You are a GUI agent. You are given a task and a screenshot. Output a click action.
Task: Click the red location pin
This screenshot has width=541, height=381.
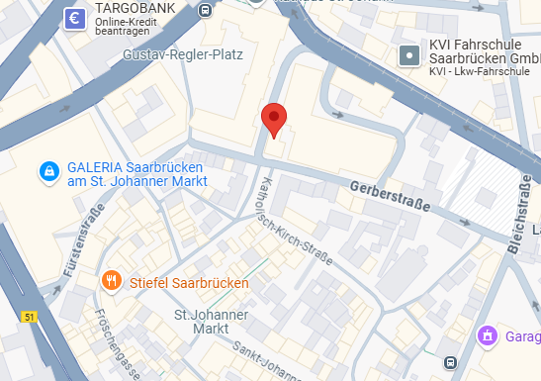[x=275, y=120]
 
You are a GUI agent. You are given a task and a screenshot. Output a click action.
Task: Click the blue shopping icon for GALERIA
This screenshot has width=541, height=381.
[x=47, y=172]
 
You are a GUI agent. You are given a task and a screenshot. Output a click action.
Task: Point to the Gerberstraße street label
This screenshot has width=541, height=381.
[x=391, y=195]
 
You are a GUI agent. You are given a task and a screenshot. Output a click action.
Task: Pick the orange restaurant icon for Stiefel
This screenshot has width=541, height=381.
[x=113, y=281]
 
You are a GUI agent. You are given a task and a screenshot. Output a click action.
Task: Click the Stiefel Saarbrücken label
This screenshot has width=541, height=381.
[x=189, y=282]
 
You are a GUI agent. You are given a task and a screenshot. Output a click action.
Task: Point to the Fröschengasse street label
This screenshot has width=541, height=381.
[x=114, y=333]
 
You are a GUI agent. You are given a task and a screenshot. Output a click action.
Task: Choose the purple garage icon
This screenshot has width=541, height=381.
[x=487, y=337]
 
